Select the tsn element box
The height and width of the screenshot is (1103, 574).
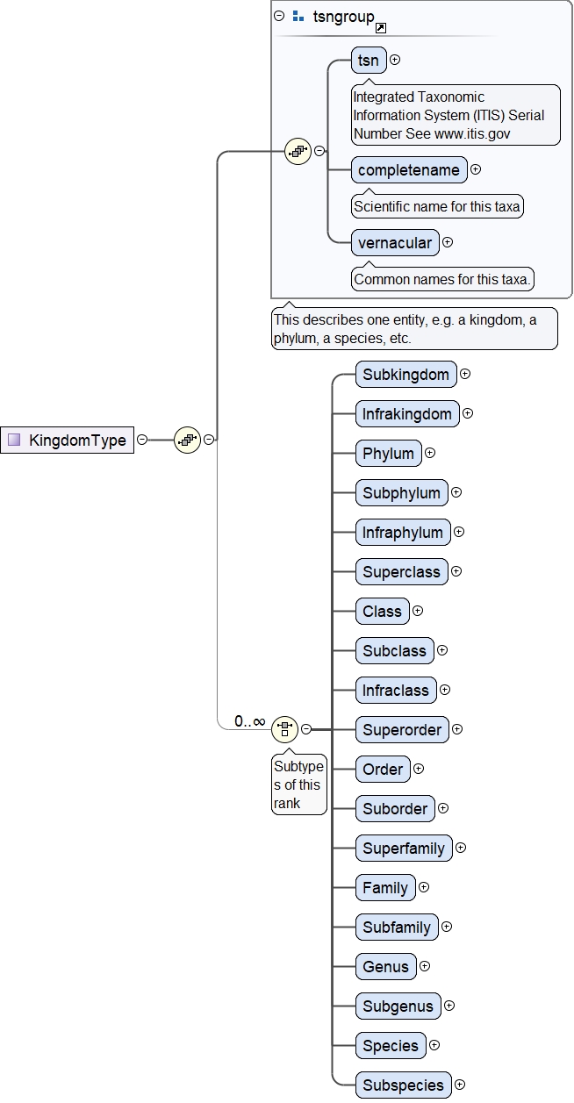point(369,60)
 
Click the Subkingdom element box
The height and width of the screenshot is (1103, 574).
point(406,375)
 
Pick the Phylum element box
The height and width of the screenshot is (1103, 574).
point(388,454)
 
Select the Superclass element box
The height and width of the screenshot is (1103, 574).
point(402,572)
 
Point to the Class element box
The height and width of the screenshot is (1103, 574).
point(382,612)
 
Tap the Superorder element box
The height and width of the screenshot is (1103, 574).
point(402,730)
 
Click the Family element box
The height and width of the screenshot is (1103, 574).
point(385,888)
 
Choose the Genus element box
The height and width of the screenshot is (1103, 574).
point(386,967)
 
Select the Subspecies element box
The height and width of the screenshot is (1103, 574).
point(404,1085)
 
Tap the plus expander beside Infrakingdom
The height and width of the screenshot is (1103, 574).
point(468,413)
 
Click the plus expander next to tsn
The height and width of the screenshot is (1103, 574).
point(395,60)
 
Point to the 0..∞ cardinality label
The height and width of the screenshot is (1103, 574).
point(250,721)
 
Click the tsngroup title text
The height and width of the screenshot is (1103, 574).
point(343,16)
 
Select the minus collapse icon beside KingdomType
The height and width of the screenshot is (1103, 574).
point(142,440)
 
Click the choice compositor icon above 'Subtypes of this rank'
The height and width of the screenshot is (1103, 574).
point(285,728)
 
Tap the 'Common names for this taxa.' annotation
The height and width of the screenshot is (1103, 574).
point(442,280)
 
